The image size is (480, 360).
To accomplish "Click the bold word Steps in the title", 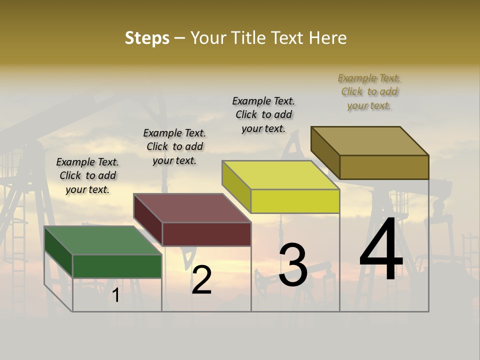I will tap(147, 38).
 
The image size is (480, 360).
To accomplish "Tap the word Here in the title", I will tap(327, 38).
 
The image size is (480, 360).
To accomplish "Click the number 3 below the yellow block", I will tap(293, 265).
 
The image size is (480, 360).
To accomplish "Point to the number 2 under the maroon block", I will tap(202, 280).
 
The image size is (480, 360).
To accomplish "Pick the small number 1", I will tap(116, 295).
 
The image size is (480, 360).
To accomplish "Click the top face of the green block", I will tap(103, 240).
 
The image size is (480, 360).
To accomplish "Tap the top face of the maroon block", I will tap(192, 208).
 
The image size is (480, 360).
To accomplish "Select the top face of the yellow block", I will tap(280, 175).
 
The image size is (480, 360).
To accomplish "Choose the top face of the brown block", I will tap(370, 141).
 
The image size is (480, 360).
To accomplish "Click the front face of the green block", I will tap(117, 266).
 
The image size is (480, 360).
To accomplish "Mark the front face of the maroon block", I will tap(206, 234).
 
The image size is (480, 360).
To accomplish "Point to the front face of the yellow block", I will tap(295, 201).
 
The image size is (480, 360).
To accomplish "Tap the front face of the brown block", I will tap(384, 167).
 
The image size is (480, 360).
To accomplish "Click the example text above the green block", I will tap(87, 175).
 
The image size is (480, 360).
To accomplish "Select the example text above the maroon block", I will tap(174, 146).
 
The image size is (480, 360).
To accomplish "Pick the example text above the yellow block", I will tap(263, 114).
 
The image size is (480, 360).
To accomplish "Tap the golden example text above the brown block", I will tap(369, 91).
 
